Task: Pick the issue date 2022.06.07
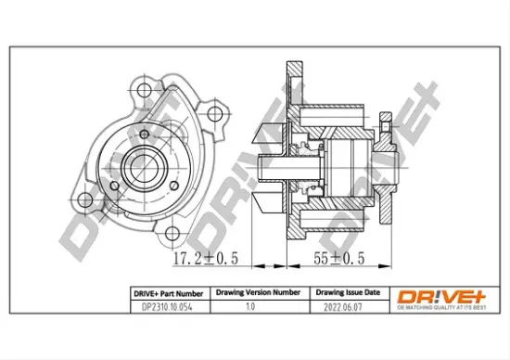[x=344, y=307]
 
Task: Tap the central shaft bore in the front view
[x=144, y=169]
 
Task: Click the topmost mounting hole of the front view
[x=142, y=91]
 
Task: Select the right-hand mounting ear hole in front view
[x=216, y=115]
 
